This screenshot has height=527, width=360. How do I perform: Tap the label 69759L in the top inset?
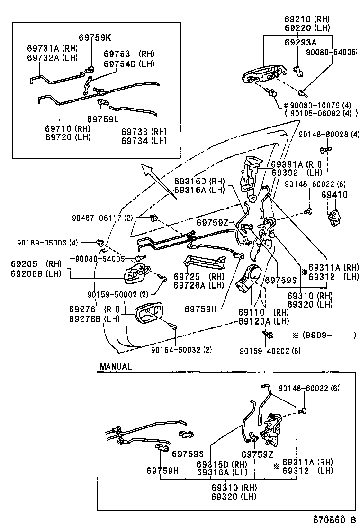tap(103, 119)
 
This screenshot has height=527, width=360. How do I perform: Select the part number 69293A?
tap(301, 42)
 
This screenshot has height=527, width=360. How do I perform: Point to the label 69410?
tap(334, 195)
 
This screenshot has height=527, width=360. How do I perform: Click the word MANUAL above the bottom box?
tap(116, 366)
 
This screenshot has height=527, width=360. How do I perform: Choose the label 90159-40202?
tap(262, 350)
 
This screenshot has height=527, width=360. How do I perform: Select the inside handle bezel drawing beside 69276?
tap(150, 314)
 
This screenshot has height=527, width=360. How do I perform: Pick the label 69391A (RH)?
tap(289, 164)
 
